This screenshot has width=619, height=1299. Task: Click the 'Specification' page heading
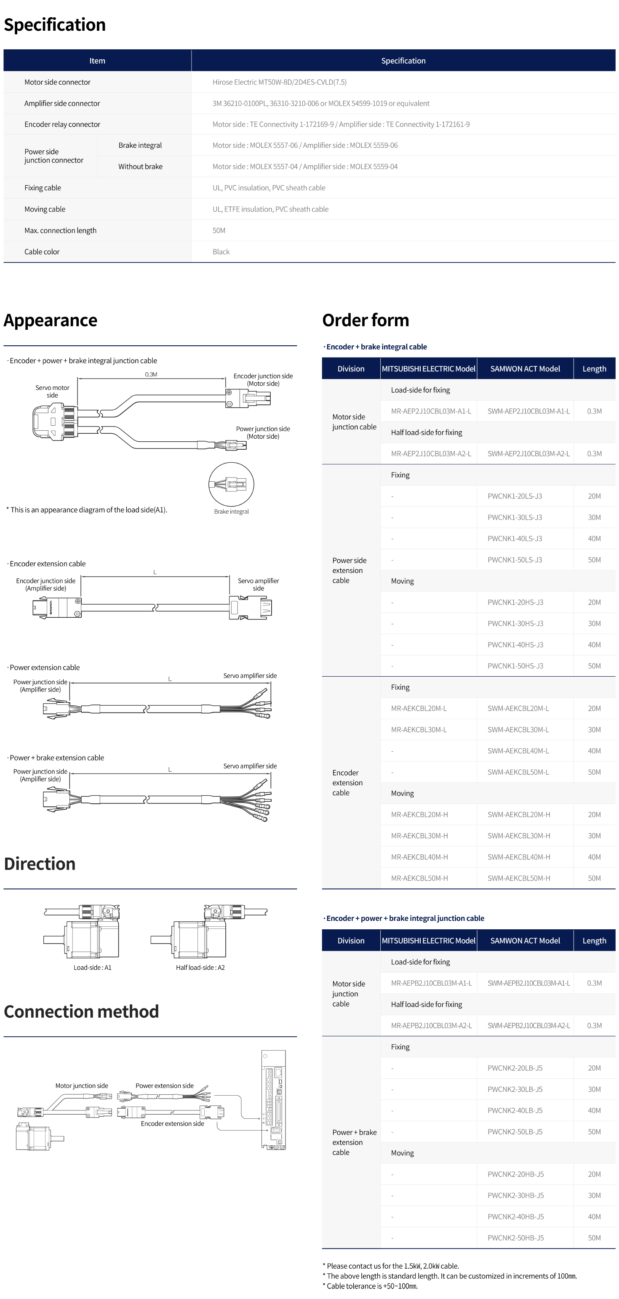coord(54,25)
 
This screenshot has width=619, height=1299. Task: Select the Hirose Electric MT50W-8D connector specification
coord(279,82)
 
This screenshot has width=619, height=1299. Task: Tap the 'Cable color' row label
coord(42,252)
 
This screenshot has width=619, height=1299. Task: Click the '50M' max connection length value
coord(219,230)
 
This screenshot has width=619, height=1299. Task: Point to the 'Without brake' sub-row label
coord(140,166)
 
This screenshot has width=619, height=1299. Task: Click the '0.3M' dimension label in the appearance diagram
coord(151,374)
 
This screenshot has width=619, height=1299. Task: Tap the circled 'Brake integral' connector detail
coord(231,485)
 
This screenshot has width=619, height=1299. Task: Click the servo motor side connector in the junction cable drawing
coord(54,421)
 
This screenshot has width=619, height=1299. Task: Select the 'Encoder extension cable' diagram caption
coord(48,564)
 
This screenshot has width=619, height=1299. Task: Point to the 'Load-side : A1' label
coord(92,967)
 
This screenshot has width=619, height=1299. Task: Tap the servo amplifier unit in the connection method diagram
coord(273,1100)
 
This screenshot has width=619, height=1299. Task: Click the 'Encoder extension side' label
coord(172,1123)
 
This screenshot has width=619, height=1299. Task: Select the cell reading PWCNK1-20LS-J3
coord(515,496)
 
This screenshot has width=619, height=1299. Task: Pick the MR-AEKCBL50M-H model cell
coord(419,878)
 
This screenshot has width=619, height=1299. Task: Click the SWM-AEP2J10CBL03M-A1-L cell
coord(528,411)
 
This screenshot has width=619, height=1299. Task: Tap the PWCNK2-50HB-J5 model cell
coord(515,1238)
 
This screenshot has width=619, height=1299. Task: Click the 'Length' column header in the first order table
coord(594,368)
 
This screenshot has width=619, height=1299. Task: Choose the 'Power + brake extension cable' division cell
coord(354,1142)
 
